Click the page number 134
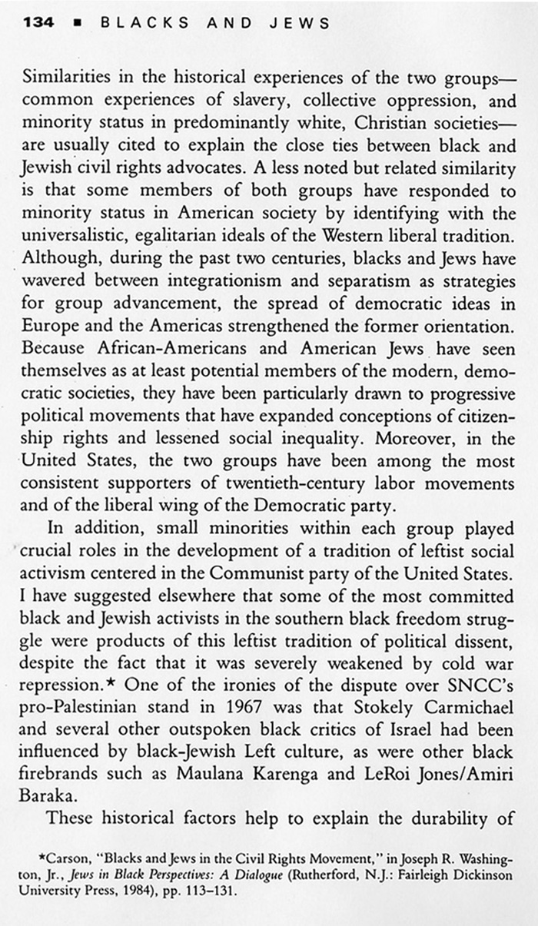click(x=39, y=22)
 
